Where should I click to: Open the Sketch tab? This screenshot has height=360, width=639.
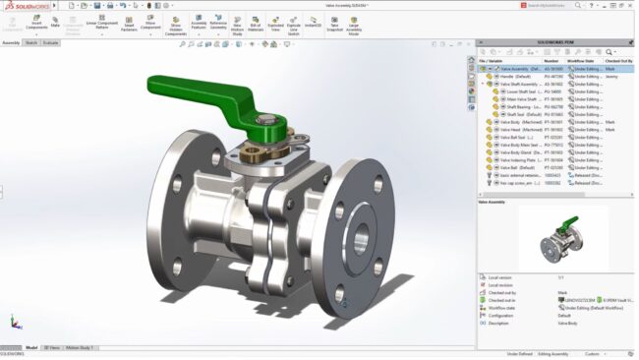[31, 43]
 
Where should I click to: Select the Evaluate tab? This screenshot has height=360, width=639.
[50, 43]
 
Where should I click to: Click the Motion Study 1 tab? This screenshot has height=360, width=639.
[79, 347]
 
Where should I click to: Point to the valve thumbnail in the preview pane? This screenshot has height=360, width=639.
[556, 239]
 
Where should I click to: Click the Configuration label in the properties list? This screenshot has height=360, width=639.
[501, 316]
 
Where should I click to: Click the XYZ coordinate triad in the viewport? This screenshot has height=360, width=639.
[14, 322]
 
